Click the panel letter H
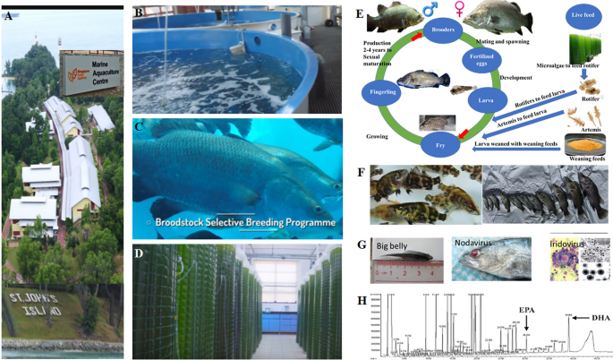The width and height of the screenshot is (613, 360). tap(361, 300)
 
